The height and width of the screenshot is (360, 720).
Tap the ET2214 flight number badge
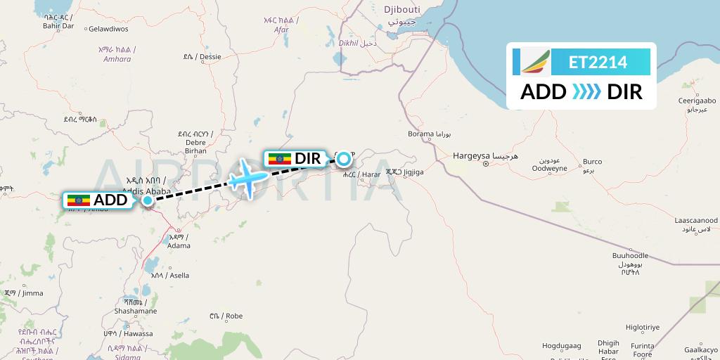point(598,62)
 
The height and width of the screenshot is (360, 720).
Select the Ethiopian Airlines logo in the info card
point(536,62)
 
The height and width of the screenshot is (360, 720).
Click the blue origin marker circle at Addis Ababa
point(148,200)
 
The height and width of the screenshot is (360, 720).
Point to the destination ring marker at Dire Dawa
point(344,159)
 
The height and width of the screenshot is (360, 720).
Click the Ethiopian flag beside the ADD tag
point(78,200)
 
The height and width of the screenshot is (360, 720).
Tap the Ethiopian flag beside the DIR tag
point(280,159)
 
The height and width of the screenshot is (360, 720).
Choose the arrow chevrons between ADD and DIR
point(586,92)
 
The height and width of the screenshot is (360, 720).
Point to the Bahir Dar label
point(59,25)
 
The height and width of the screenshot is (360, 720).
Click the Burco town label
point(592,162)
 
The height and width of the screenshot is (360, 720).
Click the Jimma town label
point(30,293)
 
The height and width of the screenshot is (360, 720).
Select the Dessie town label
point(207,57)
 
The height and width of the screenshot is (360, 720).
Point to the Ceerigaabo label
point(696,101)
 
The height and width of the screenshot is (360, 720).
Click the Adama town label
point(179,245)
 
